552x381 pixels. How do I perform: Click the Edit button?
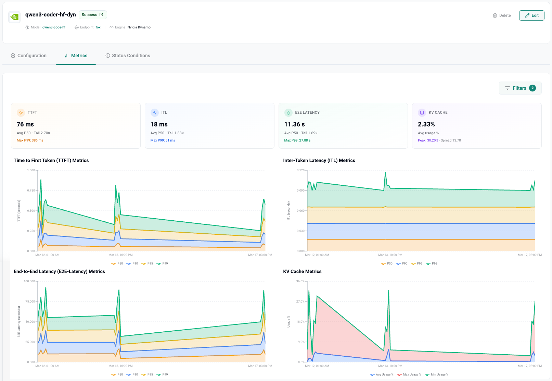531,15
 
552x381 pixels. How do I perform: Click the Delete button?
502,15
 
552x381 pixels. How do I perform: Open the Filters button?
520,88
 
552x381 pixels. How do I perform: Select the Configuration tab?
29,56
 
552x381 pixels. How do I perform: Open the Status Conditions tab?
128,56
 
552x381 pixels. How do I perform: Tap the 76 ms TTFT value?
25,124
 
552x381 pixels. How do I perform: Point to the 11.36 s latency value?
294,124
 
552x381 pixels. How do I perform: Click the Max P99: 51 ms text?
163,140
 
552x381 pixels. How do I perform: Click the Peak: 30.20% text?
428,140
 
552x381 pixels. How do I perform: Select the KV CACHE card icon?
422,112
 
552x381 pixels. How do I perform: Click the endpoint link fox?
98,27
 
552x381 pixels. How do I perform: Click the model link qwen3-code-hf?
54,27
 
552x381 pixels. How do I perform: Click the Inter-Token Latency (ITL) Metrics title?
319,160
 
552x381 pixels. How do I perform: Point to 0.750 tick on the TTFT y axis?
31,190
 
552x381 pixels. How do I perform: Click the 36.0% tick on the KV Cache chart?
300,281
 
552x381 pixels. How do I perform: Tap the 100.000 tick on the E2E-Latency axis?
29,281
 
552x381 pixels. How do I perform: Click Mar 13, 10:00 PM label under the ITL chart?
390,255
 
